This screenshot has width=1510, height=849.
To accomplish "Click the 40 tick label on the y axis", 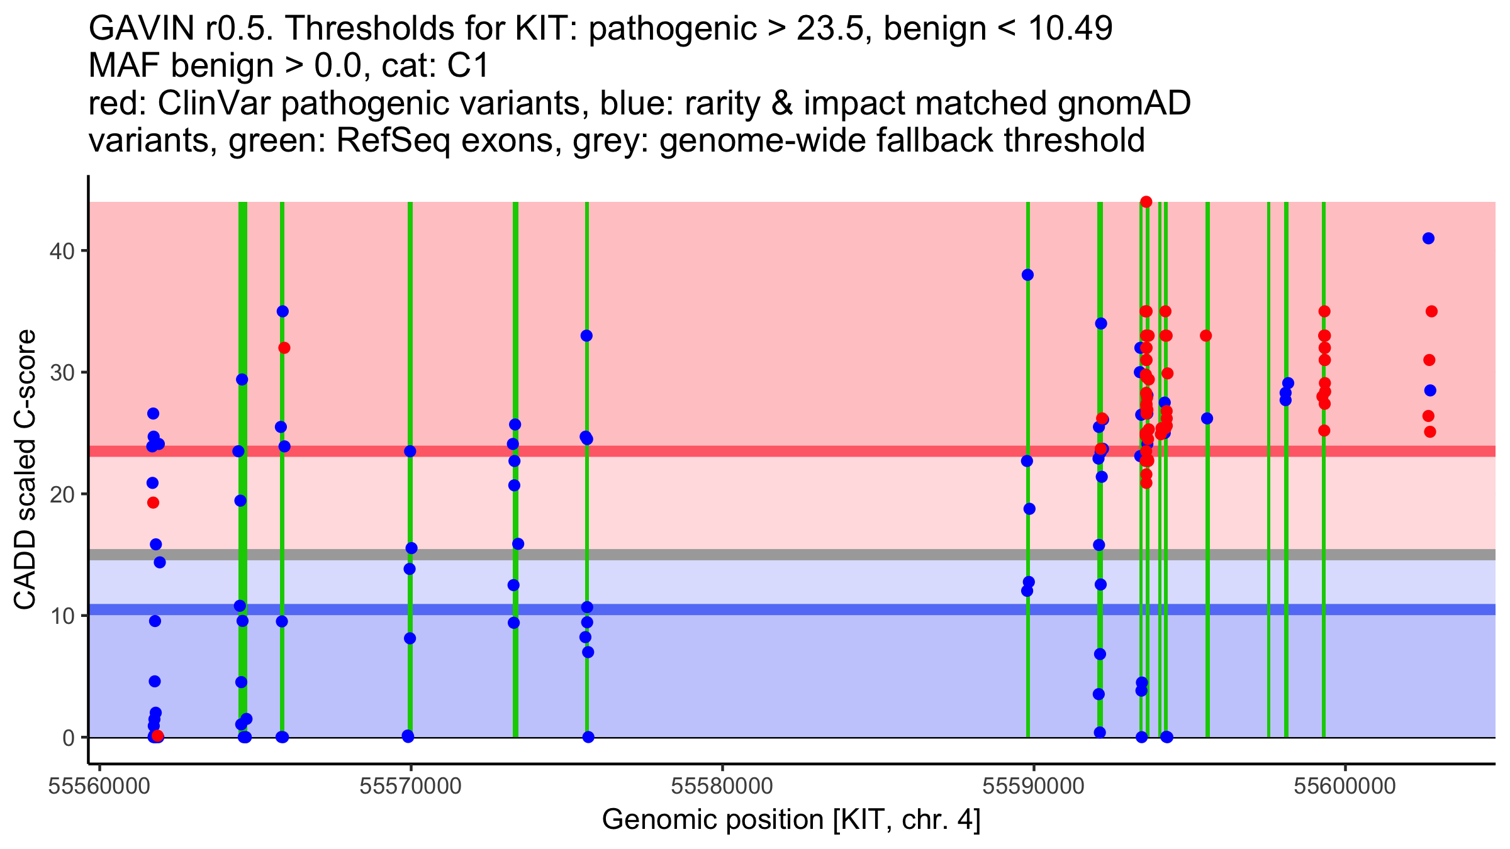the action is point(61,251).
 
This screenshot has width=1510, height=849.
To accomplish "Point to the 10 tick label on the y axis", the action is point(61,616).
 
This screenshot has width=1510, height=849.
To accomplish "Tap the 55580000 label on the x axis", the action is point(722,786).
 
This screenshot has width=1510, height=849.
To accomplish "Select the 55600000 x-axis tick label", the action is point(1345,786).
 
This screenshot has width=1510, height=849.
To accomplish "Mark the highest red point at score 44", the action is point(1146,202).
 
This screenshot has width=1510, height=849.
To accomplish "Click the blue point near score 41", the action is point(1428,238).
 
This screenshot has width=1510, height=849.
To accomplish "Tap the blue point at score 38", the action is point(1027,275).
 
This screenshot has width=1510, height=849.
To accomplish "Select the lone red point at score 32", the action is point(284,348).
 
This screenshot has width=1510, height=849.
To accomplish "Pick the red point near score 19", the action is point(153,502).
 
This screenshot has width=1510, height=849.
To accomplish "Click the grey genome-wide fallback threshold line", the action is point(792,555).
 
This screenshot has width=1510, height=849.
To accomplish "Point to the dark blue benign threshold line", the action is point(792,609).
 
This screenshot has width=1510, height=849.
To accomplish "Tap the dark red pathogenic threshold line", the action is point(792,451).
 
